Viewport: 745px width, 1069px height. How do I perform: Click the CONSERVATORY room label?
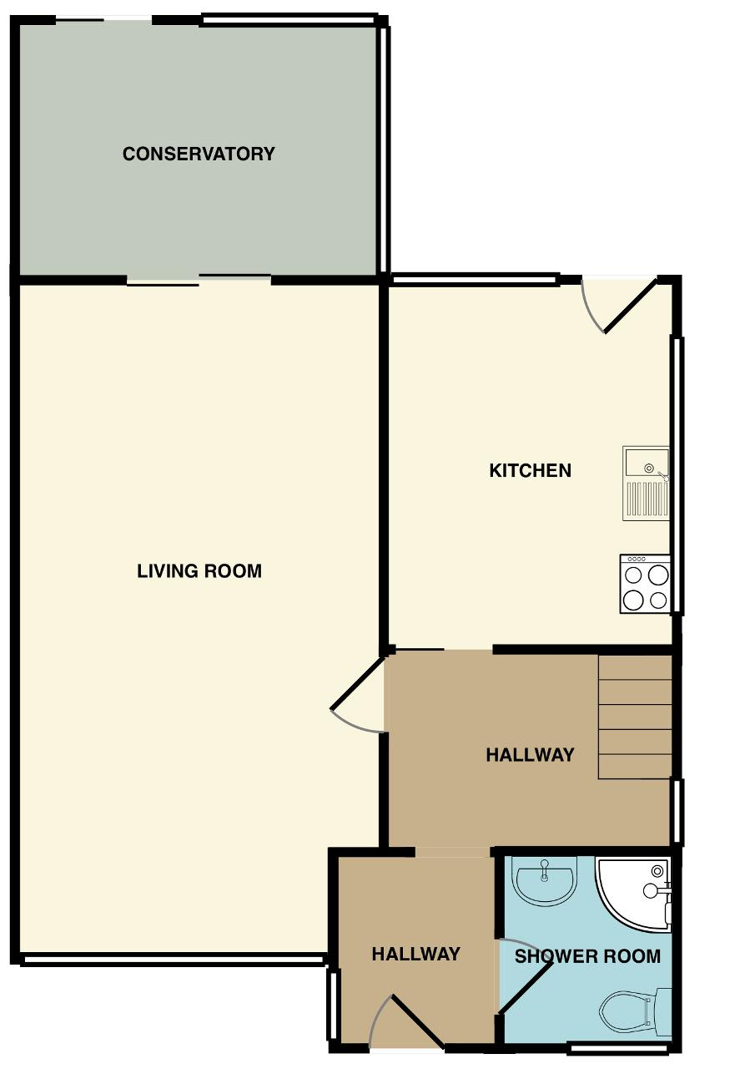[x=199, y=154]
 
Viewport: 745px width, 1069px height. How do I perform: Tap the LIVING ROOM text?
[x=199, y=570]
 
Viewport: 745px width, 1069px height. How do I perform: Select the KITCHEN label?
[x=530, y=470]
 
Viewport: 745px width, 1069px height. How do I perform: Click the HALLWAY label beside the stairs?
[x=530, y=754]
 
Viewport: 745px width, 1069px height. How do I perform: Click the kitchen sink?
[x=646, y=484]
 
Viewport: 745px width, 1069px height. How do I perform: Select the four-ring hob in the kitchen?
[x=645, y=584]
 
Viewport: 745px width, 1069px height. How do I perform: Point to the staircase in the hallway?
[x=635, y=717]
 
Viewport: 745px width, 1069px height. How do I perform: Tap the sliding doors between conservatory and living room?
[x=199, y=280]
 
